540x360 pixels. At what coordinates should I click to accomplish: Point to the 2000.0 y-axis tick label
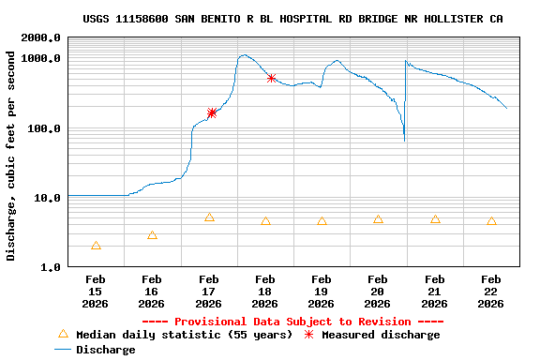[x=41, y=37]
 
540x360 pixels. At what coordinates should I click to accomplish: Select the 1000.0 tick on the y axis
[x=41, y=58]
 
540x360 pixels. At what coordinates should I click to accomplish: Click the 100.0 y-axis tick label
[x=44, y=128]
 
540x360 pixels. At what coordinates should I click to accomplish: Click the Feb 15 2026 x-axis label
[x=96, y=292]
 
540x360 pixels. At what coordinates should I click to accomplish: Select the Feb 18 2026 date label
[x=264, y=292]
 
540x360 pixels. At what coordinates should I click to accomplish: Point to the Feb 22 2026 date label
[x=490, y=292]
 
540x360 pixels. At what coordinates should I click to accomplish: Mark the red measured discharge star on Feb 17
[x=212, y=112]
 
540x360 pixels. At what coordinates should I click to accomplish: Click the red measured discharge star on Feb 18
[x=271, y=78]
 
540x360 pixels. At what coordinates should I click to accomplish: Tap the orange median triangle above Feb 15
[x=96, y=246]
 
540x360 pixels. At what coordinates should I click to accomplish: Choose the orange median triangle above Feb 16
[x=152, y=235]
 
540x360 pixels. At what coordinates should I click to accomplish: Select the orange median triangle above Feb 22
[x=491, y=221]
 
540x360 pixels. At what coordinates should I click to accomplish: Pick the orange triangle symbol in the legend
[x=63, y=334]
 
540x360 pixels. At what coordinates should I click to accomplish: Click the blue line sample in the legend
[x=63, y=350]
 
